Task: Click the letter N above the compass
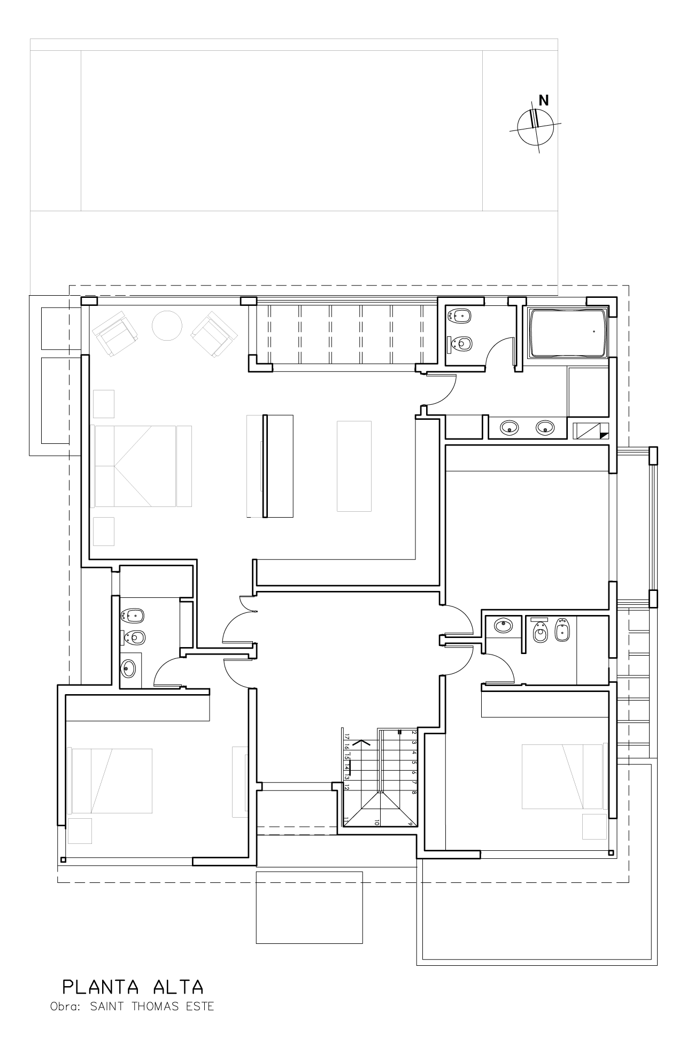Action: click(544, 100)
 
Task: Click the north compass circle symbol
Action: click(535, 127)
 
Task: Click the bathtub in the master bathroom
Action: click(568, 332)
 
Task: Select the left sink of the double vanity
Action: click(510, 427)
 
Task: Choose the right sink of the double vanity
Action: click(545, 427)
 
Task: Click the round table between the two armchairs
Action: click(167, 325)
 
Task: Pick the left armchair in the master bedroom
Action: click(115, 334)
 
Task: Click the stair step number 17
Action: click(347, 736)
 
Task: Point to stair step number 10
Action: click(377, 822)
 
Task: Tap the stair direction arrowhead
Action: click(362, 743)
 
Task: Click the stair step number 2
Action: click(414, 733)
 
